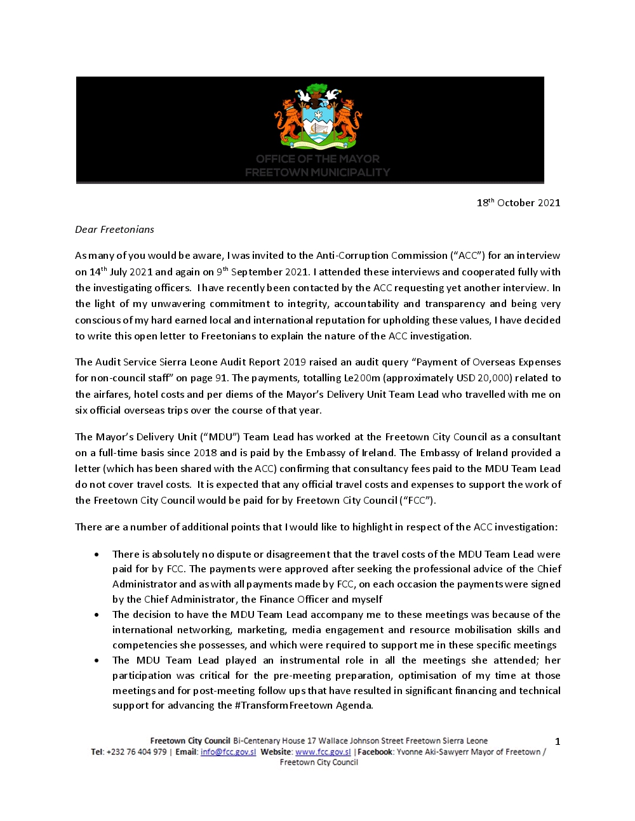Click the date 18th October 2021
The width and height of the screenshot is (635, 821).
518,203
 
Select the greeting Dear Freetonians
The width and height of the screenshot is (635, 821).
114,230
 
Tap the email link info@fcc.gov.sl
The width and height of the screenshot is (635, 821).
228,752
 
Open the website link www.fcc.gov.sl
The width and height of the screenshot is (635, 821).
323,752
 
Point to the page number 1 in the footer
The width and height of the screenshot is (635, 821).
558,742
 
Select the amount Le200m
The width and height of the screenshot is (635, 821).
362,378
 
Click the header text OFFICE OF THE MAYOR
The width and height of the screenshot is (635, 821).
317,159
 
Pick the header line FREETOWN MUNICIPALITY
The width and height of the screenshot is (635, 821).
317,172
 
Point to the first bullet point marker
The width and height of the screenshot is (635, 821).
97,555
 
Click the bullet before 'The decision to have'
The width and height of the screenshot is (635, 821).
97,615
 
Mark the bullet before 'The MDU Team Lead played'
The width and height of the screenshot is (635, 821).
97,660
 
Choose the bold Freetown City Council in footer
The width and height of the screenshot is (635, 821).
190,741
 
